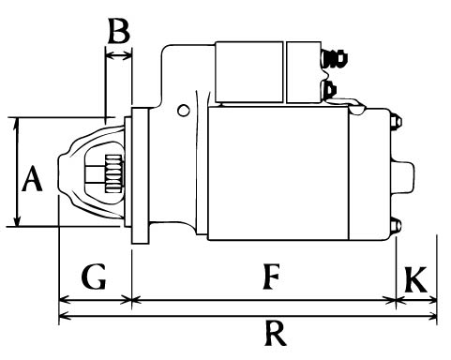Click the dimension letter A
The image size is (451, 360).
(x=32, y=178)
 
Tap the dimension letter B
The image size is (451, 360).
(x=119, y=31)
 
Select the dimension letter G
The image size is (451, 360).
(x=94, y=277)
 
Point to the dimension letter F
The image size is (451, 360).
(x=271, y=277)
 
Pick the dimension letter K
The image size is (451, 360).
(x=415, y=279)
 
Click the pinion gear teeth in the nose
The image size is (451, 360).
(x=113, y=172)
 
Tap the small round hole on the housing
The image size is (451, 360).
(x=184, y=111)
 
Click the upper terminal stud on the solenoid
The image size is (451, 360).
(x=335, y=58)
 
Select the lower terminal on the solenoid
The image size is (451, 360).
(x=330, y=90)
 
